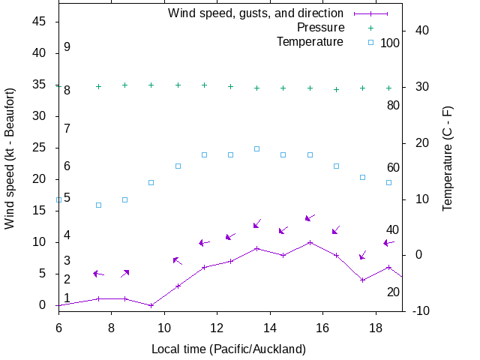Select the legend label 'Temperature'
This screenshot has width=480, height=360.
click(x=310, y=41)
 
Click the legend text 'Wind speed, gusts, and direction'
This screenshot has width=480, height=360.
click(x=255, y=13)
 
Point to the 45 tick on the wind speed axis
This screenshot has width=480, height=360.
click(x=40, y=22)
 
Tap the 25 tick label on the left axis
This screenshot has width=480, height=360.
click(x=40, y=148)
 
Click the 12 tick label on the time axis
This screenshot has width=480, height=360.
click(x=217, y=328)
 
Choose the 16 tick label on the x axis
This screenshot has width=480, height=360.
click(x=322, y=328)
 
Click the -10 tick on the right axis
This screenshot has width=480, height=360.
click(x=420, y=310)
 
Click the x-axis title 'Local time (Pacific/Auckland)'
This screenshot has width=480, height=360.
click(x=229, y=349)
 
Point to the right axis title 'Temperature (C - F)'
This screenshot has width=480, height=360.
click(x=448, y=157)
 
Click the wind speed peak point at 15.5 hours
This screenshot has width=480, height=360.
click(x=310, y=242)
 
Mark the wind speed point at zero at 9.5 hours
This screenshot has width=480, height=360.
click(x=151, y=305)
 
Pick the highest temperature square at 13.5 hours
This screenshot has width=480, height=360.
click(x=256, y=148)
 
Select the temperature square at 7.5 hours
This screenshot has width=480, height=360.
click(x=98, y=205)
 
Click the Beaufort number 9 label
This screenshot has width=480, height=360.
click(x=67, y=46)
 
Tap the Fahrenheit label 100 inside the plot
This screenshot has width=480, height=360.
click(x=390, y=43)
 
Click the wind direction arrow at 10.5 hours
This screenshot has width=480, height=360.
click(x=177, y=260)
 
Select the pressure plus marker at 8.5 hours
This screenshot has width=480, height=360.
click(x=124, y=85)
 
